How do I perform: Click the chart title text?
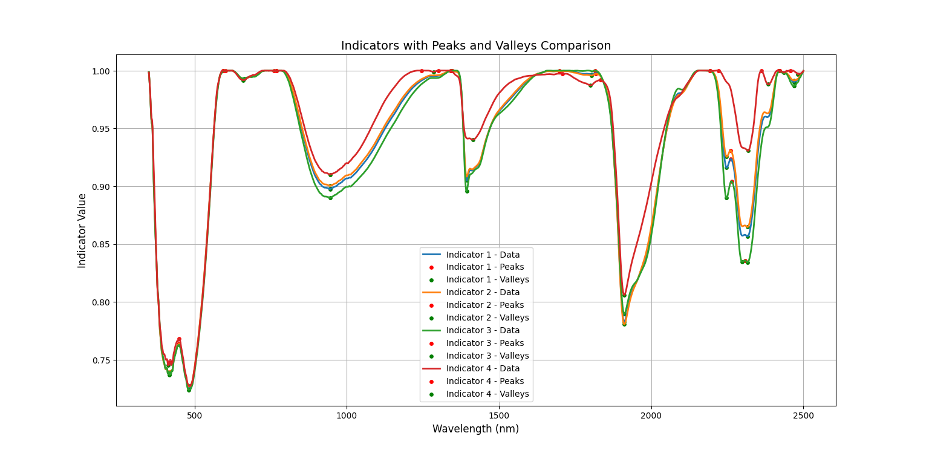click(476, 46)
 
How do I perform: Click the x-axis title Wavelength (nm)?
click(475, 429)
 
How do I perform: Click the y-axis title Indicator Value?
click(82, 230)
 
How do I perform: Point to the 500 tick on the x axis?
click(195, 416)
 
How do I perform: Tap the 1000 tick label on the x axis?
click(347, 416)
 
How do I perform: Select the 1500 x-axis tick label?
click(499, 416)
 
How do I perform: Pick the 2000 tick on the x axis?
click(651, 416)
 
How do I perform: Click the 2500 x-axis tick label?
click(803, 416)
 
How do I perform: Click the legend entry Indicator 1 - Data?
click(483, 255)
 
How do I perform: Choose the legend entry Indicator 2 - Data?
click(483, 293)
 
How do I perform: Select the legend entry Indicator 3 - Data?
click(483, 331)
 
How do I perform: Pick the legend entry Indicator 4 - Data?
click(483, 368)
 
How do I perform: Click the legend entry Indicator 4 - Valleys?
click(487, 394)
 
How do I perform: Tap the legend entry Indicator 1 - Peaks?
click(485, 267)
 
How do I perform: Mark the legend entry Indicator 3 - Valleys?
click(487, 356)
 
